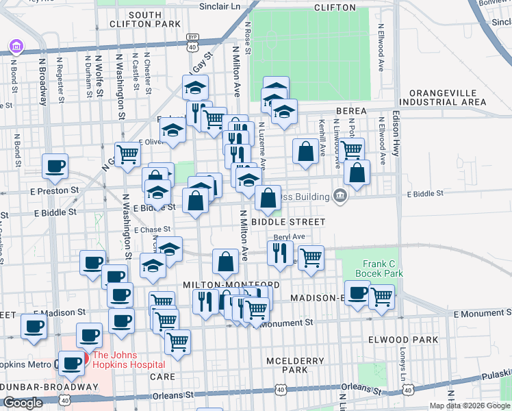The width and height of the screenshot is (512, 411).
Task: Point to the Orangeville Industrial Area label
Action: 447,97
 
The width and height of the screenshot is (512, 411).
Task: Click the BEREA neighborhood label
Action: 352,111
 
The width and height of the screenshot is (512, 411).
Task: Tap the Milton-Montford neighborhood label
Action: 230,284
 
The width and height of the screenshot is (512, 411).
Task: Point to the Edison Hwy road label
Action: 396,137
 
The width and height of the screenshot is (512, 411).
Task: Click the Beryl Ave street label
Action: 288,236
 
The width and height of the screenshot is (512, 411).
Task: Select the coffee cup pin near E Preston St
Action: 55,165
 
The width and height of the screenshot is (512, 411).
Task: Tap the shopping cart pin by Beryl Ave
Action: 311,258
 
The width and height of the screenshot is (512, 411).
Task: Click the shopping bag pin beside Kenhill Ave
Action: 305,151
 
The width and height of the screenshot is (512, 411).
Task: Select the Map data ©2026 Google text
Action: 469,406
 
